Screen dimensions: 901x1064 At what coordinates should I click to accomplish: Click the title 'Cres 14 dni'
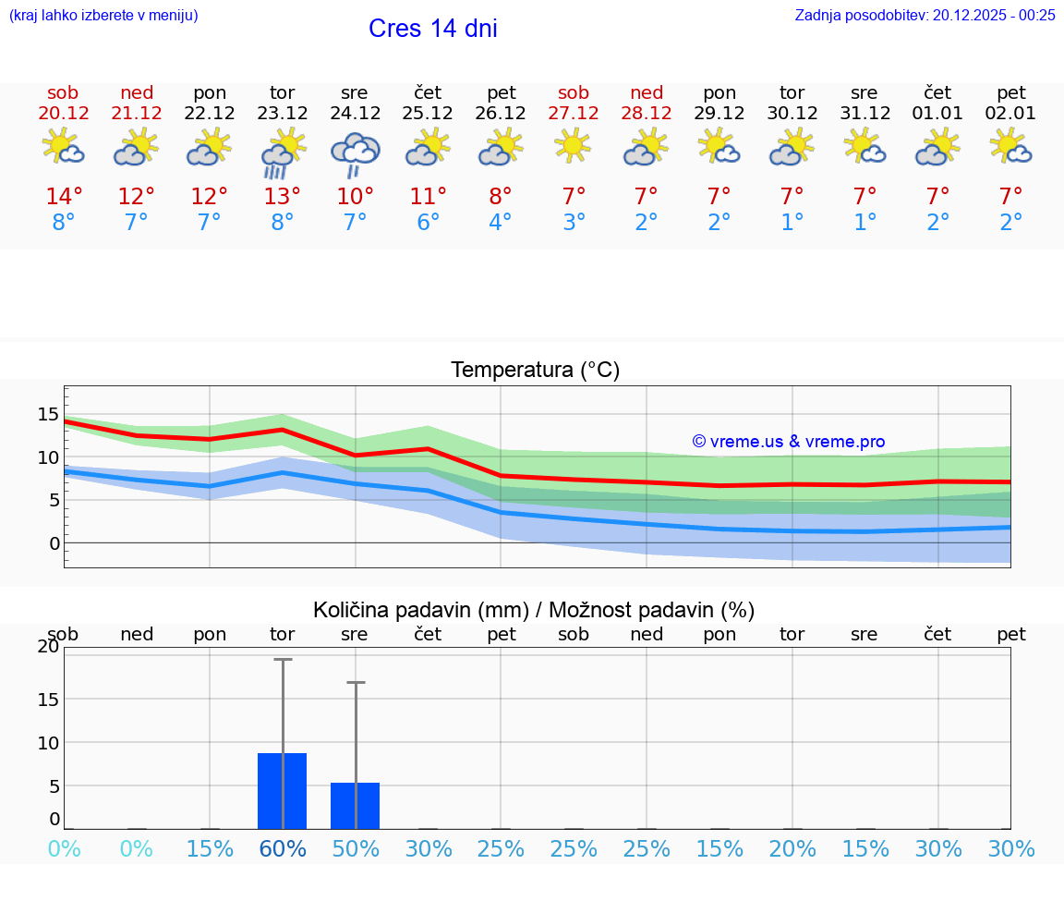tap(432, 29)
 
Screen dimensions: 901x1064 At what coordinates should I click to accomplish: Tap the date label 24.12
tap(355, 114)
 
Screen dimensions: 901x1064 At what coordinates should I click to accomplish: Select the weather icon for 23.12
tap(283, 152)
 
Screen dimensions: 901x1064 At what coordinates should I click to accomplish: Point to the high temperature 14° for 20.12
tap(64, 197)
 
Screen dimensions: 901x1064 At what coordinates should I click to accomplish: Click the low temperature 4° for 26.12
tap(501, 223)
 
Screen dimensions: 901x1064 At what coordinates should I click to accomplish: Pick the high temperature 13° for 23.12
tap(283, 197)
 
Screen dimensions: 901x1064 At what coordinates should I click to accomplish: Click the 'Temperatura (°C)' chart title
tap(535, 371)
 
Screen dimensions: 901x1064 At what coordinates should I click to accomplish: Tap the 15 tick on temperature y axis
tap(48, 414)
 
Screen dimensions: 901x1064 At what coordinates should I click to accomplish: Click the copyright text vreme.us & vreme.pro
tap(789, 442)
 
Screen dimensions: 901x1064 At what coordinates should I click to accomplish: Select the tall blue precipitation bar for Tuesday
tap(283, 791)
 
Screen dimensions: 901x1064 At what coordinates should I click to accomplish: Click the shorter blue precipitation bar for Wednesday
tap(356, 806)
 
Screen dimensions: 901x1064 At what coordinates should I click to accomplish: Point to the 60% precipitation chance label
tap(283, 848)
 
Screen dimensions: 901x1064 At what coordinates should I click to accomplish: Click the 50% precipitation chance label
tap(356, 848)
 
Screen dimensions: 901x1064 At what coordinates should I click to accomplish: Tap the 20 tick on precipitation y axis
tap(48, 647)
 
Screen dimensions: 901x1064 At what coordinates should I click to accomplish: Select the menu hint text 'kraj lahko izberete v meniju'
tap(103, 15)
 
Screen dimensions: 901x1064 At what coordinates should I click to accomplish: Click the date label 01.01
tap(938, 114)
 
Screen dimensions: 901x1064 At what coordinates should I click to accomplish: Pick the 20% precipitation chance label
tap(792, 848)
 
